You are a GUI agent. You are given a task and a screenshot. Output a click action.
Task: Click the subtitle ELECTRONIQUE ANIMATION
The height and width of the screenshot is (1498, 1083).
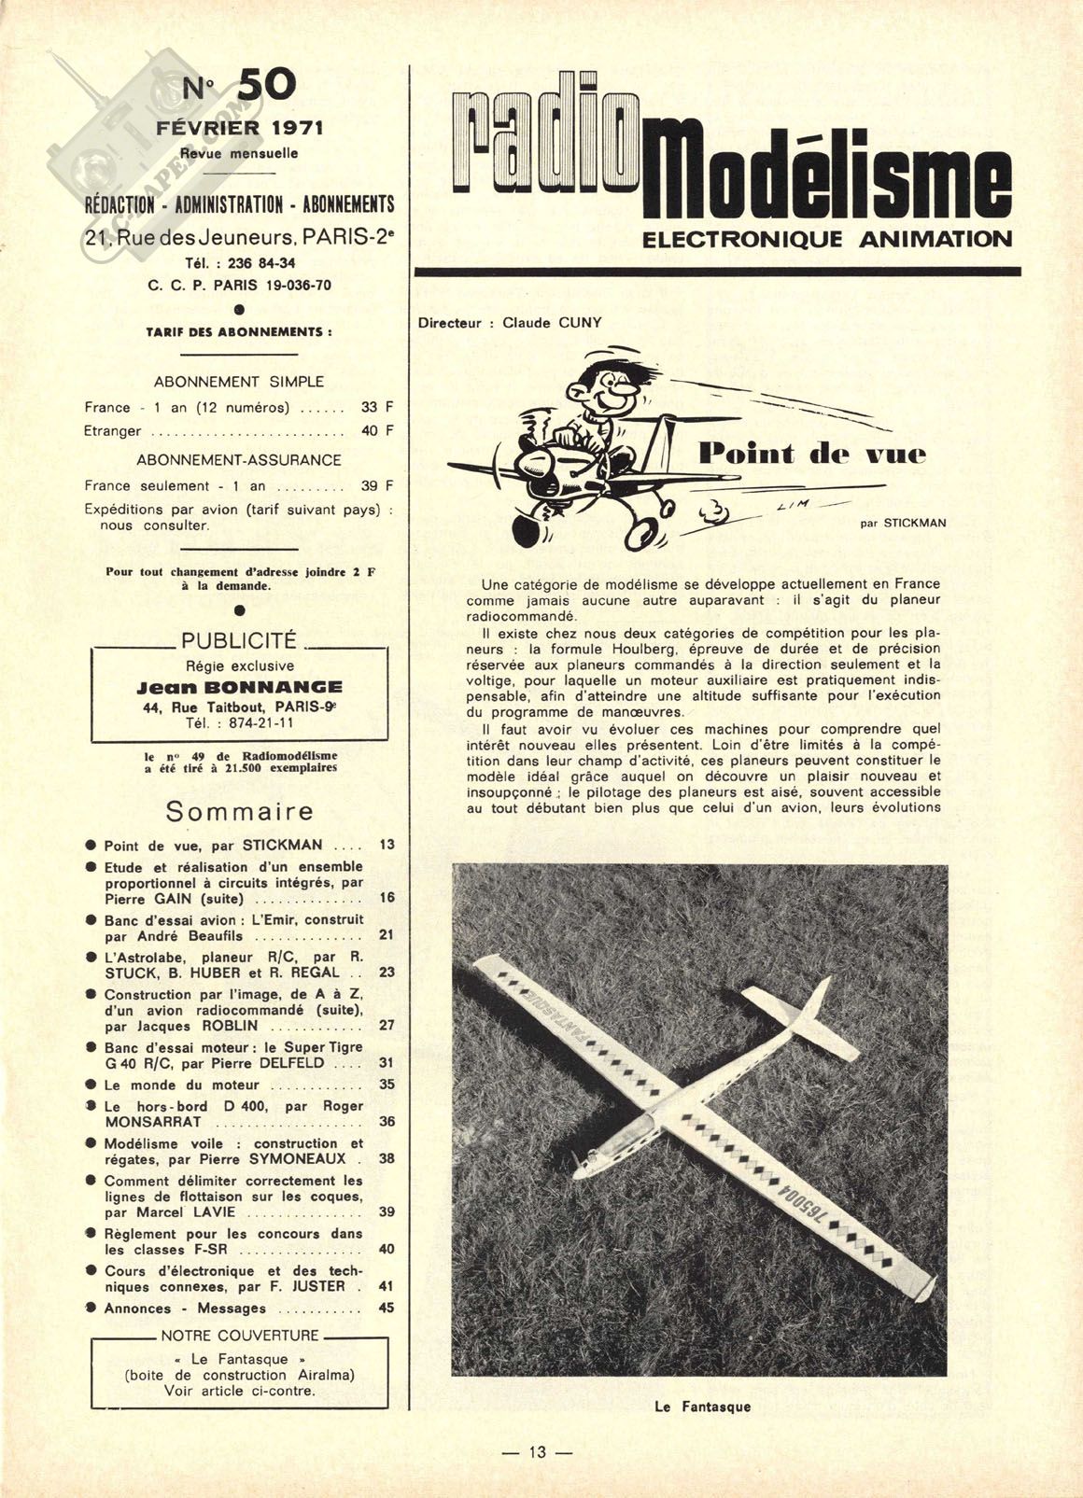(827, 240)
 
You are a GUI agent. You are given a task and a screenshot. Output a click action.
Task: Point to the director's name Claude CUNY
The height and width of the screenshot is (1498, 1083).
(552, 323)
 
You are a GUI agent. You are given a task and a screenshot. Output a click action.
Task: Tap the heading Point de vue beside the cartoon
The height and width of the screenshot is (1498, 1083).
(812, 455)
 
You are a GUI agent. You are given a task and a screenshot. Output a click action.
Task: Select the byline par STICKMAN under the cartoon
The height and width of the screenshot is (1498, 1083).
(903, 524)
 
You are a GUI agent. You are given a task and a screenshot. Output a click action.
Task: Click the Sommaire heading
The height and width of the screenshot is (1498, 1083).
(239, 812)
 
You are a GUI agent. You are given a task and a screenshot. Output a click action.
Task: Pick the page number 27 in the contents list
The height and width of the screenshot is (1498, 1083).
(387, 1025)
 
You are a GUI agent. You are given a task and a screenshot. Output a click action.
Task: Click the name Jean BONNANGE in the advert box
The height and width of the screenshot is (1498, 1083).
(239, 687)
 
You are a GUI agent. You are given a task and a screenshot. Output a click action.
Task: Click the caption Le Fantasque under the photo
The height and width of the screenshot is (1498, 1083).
(703, 1407)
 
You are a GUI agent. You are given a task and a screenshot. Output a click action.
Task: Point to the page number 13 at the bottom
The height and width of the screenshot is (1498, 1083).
(537, 1452)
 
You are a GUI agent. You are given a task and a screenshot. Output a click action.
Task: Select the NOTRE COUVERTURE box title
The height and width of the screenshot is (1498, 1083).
(239, 1336)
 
